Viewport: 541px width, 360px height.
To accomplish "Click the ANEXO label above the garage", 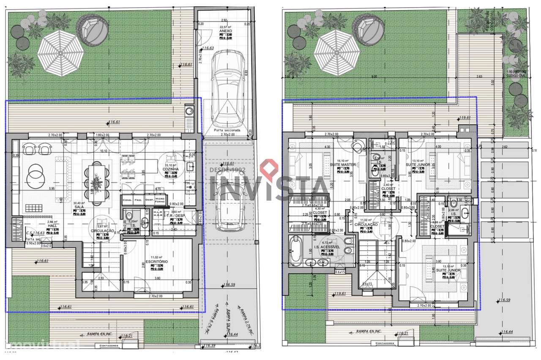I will click(x=224, y=30).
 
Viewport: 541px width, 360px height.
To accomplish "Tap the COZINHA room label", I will click(x=172, y=169).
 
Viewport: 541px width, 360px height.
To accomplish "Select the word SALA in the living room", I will click(x=79, y=207).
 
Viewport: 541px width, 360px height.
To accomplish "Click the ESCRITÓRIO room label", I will click(x=156, y=262).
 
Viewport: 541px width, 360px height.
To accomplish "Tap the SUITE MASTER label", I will click(x=346, y=165).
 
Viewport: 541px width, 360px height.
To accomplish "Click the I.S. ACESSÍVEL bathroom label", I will click(x=326, y=247).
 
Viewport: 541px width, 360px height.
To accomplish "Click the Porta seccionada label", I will click(x=227, y=130).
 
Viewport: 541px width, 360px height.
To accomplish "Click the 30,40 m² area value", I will click(x=79, y=203).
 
